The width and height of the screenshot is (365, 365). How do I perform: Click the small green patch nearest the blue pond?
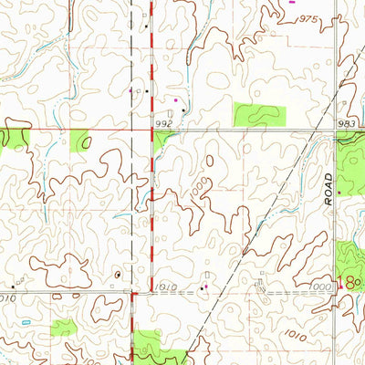click(64, 326)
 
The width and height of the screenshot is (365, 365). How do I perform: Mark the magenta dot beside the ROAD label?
click(339, 193)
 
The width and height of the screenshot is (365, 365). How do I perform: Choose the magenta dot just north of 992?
click(176, 99)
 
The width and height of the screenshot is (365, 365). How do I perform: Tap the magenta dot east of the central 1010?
click(206, 287)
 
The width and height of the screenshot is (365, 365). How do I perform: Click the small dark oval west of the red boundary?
click(118, 274)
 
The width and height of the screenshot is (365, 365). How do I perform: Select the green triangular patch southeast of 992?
click(162, 138)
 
